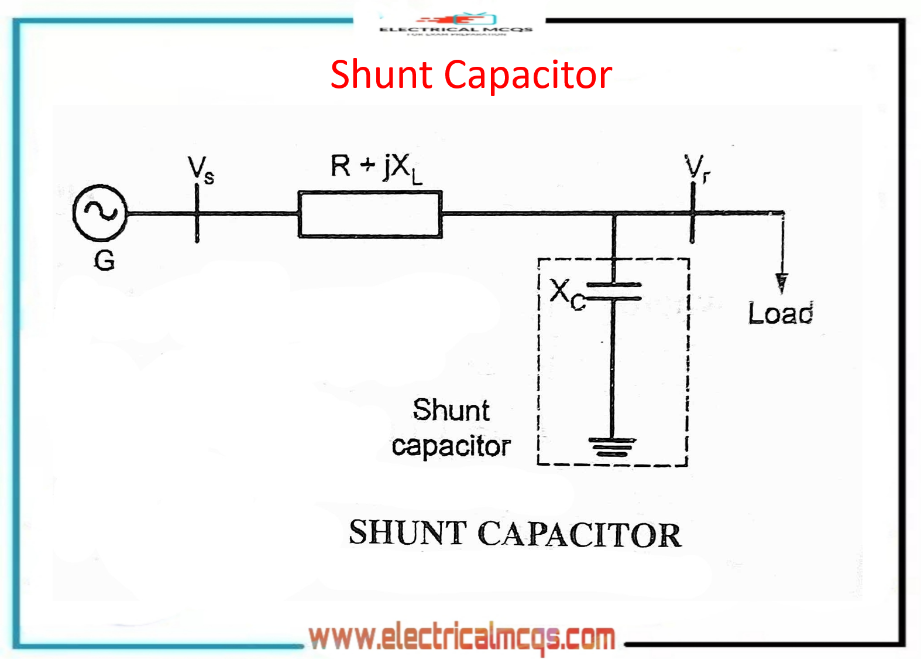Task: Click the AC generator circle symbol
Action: click(99, 212)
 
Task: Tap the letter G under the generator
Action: click(105, 260)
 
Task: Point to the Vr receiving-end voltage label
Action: click(697, 168)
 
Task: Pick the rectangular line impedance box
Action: click(370, 214)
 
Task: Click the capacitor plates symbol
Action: click(614, 292)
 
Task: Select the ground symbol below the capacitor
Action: click(613, 447)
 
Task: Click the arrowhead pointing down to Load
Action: click(781, 282)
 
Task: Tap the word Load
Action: click(781, 313)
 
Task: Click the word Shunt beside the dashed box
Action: click(451, 409)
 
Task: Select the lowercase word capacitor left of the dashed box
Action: click(451, 446)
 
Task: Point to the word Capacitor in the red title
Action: click(528, 75)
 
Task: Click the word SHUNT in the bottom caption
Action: click(407, 532)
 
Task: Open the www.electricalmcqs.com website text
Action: click(462, 637)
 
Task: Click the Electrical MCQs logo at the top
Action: click(456, 25)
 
